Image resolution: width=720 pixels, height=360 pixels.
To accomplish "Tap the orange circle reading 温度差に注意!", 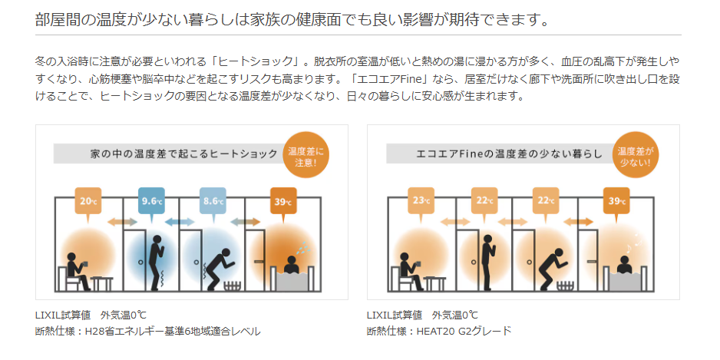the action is [x=306, y=155].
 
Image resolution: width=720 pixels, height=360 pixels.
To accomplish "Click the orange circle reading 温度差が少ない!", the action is [x=636, y=155].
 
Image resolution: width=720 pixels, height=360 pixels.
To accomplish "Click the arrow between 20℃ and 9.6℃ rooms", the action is [x=122, y=223].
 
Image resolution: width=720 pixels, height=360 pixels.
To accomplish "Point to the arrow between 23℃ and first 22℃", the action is [x=455, y=223].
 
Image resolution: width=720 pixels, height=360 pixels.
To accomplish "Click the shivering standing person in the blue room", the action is [x=157, y=263].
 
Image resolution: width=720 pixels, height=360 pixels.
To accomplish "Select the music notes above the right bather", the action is [x=635, y=242].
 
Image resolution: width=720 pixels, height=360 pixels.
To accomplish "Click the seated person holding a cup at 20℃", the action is [x=78, y=270].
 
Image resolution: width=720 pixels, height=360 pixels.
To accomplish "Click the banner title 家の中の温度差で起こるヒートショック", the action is [x=184, y=154].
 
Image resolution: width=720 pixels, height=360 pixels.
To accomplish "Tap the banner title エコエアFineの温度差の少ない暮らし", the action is [x=509, y=154].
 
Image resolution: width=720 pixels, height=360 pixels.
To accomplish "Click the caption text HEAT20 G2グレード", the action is [x=464, y=331].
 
